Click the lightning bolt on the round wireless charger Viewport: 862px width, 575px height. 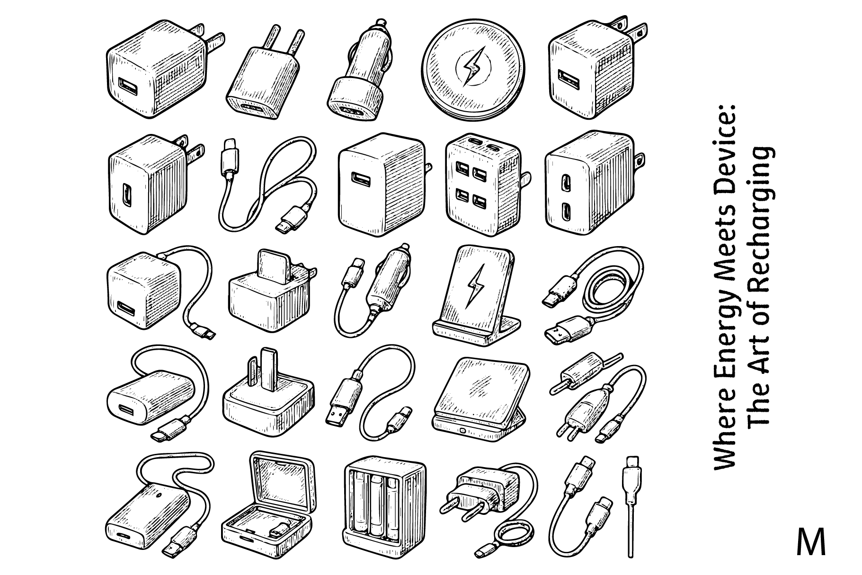[x=471, y=66]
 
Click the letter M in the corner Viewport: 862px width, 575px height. [x=811, y=542]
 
